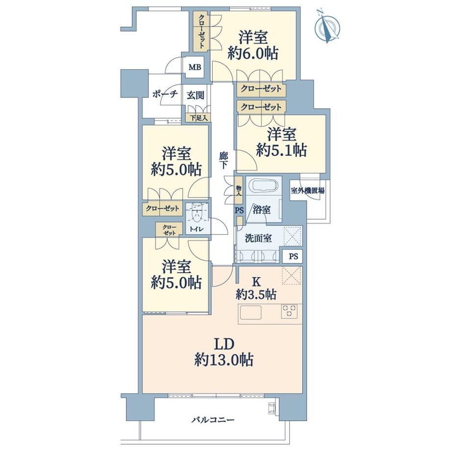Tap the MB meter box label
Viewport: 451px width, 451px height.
[195, 67]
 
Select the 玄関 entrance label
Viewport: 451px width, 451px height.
[196, 95]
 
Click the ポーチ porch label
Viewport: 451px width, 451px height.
[165, 94]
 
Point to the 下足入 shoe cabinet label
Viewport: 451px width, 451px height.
[199, 118]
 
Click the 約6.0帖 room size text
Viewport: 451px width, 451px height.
[253, 53]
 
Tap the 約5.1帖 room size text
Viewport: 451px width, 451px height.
[281, 150]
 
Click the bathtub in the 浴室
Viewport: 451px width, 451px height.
[264, 185]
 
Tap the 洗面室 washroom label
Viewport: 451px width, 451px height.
[258, 238]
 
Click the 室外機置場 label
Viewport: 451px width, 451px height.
[307, 190]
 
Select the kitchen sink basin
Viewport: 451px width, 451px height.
[251, 312]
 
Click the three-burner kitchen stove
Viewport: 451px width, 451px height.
[290, 311]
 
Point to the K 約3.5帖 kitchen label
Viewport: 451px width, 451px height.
[256, 289]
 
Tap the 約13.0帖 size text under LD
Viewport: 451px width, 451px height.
[224, 360]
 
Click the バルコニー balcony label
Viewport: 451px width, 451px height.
[213, 420]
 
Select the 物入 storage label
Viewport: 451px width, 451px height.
[239, 190]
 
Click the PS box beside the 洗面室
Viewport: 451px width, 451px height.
[293, 256]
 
